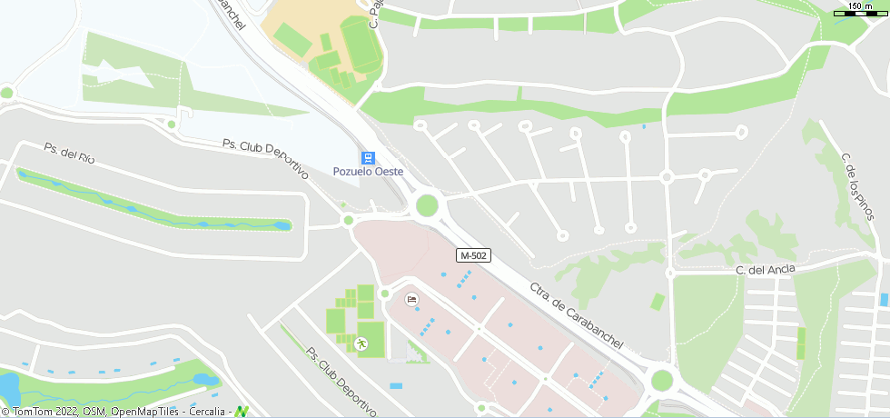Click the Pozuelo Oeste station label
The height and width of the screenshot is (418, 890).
(x=368, y=172)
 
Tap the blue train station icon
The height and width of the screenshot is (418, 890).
(x=368, y=157)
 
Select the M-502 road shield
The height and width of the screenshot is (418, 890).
(x=474, y=256)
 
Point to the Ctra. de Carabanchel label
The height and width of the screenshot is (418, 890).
(x=577, y=315)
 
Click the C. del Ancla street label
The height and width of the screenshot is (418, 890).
(x=766, y=269)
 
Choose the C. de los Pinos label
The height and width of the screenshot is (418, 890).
(x=858, y=186)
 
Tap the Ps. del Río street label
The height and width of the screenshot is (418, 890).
(x=70, y=152)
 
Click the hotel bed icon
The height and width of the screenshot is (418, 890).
(x=411, y=299)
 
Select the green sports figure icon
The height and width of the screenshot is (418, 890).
(x=361, y=343)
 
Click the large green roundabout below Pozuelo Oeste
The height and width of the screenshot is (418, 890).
(x=427, y=205)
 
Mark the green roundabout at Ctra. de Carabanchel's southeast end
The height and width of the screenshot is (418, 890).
(x=662, y=380)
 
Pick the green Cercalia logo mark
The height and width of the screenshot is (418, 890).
(x=242, y=412)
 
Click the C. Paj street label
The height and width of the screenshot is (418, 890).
(x=373, y=14)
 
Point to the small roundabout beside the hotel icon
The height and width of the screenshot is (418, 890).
(x=385, y=293)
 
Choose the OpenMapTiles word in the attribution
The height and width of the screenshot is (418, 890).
(x=144, y=412)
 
